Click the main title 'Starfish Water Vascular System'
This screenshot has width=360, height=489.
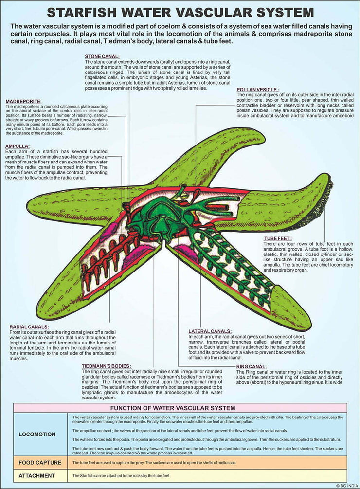pos(180,12)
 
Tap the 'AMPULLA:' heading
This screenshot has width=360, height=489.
pos(18,146)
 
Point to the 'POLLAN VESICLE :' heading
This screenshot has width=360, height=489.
pos(258,90)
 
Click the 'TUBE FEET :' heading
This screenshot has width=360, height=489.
pos(278,239)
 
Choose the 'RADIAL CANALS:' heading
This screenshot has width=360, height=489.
pos(29,326)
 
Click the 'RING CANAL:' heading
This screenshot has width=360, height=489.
pos(251,366)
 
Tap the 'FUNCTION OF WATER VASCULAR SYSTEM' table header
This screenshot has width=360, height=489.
pos(180,408)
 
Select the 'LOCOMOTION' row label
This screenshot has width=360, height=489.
pos(37,434)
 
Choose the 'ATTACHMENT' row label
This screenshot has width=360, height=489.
pos(37,475)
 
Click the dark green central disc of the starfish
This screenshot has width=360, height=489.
pos(161,214)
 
